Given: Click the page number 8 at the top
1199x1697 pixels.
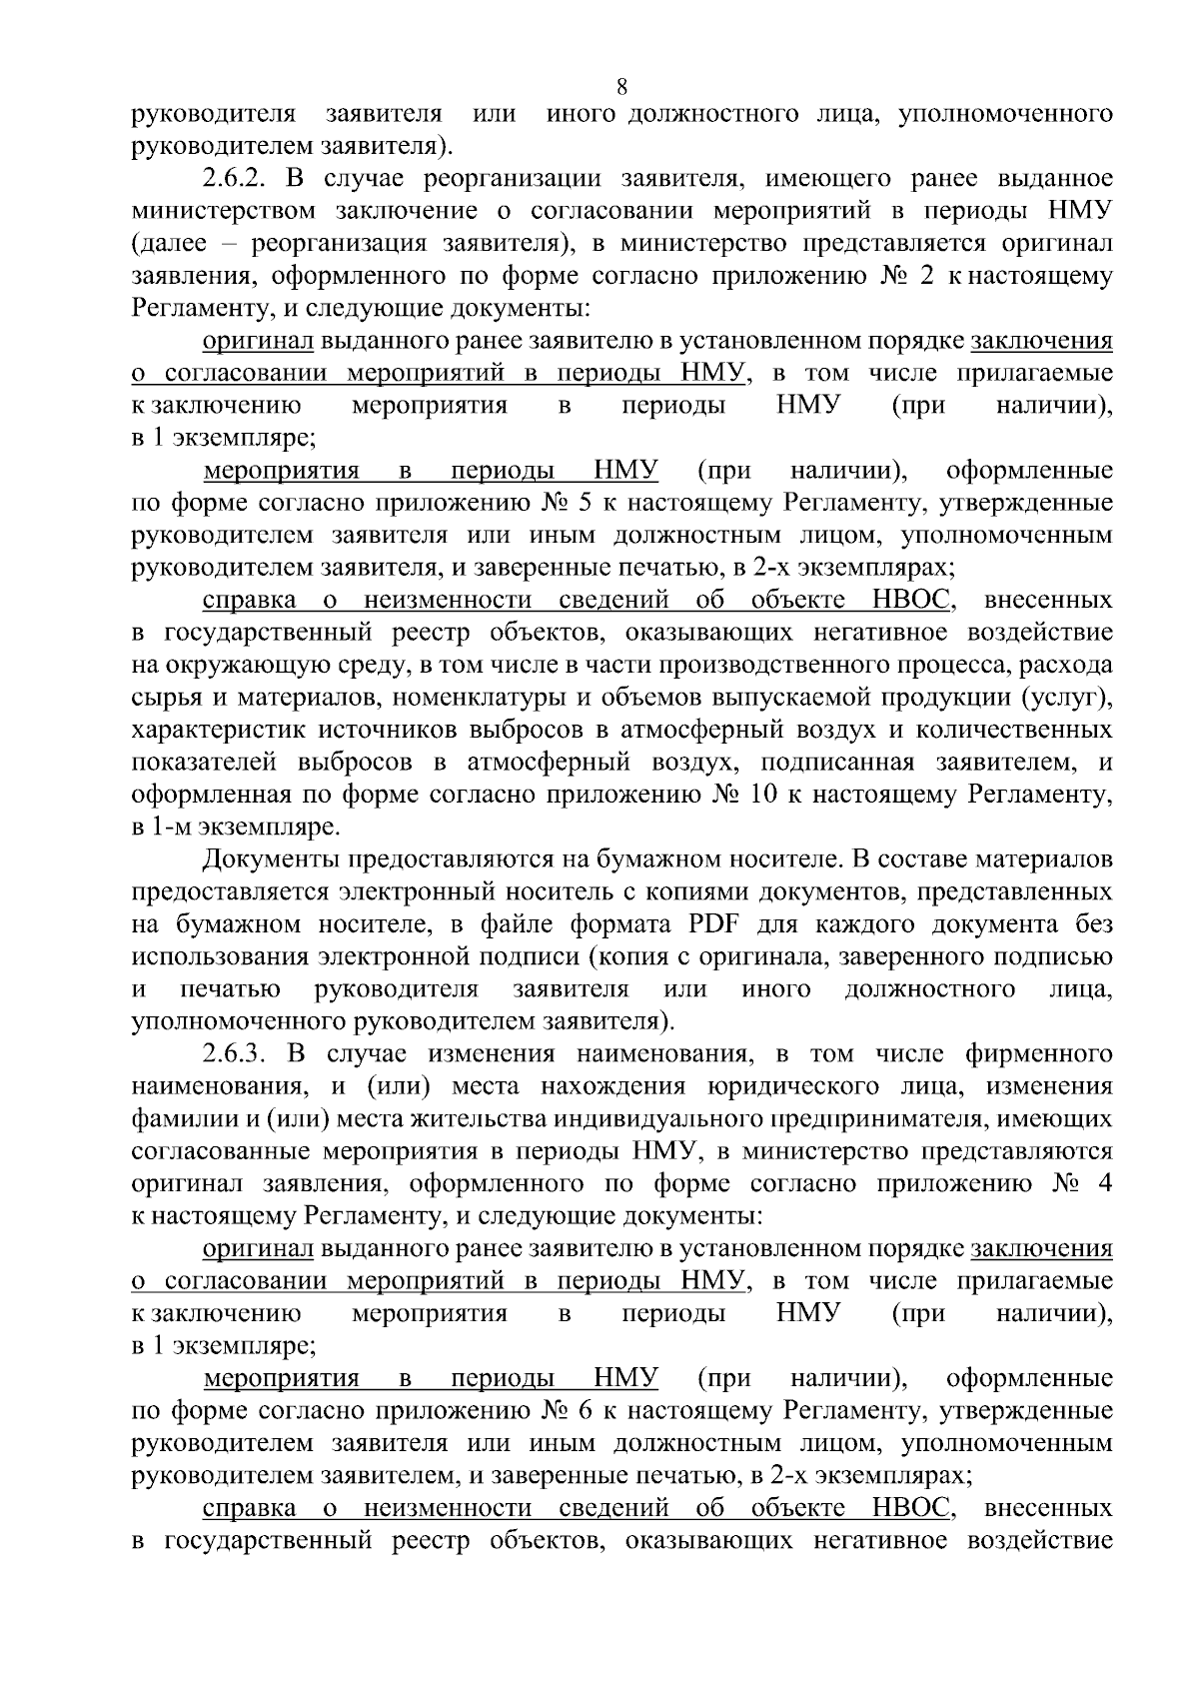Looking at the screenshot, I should (x=622, y=87).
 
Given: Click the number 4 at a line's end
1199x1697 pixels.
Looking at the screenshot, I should (x=1103, y=1184).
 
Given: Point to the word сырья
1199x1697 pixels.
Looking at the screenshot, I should (x=160, y=698).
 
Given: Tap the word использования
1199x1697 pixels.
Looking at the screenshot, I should (x=218, y=956).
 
